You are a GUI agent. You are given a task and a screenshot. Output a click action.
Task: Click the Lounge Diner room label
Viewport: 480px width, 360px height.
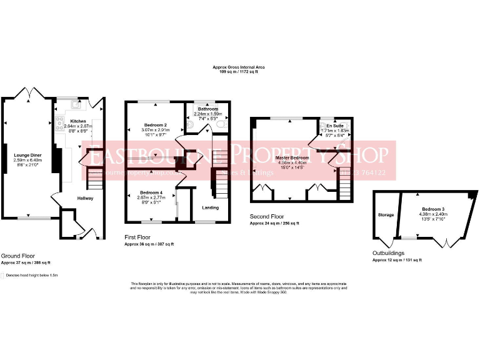point(26,153)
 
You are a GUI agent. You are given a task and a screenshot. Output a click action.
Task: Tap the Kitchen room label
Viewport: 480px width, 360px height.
point(78,121)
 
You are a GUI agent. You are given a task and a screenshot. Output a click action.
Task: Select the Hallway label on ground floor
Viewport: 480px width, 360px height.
point(86,198)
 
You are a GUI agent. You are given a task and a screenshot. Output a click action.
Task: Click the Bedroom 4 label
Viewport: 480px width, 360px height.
point(151,192)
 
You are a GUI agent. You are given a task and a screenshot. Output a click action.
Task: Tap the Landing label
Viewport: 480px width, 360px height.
point(211,207)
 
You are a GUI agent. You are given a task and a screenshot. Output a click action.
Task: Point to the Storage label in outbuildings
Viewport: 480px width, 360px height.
point(386,215)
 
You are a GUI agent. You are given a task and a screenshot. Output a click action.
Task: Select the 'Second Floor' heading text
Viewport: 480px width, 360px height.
point(265,217)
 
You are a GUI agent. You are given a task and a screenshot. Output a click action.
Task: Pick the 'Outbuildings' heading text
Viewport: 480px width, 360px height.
point(386,253)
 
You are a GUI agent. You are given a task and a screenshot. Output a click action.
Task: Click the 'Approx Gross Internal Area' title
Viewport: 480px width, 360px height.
point(239,67)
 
